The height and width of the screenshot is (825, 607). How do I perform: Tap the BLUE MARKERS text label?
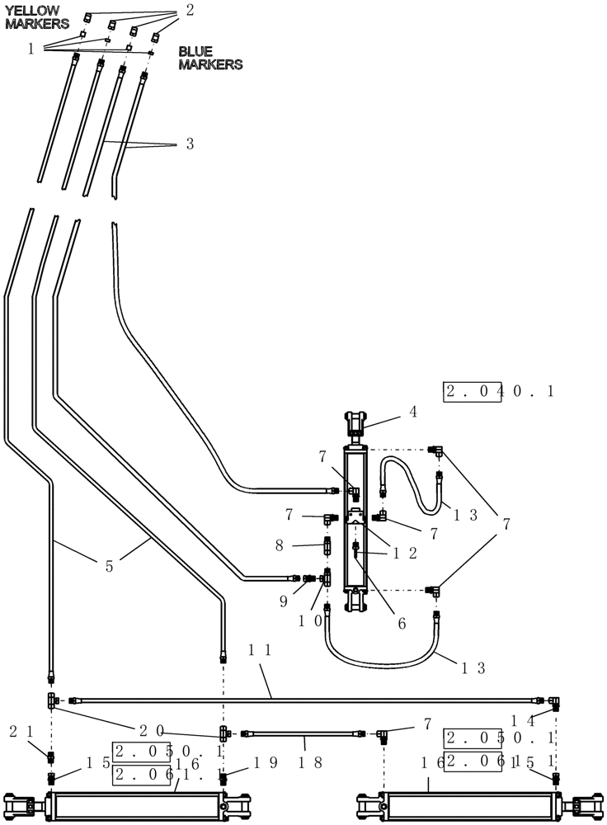click(210, 58)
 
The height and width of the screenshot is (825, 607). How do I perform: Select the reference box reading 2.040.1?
click(499, 391)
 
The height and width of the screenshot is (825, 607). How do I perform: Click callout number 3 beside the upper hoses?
click(190, 144)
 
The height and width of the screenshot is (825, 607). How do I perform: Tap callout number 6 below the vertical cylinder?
click(402, 625)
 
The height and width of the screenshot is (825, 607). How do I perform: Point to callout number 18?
click(304, 762)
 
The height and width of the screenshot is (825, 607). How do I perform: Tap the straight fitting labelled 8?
click(327, 545)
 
